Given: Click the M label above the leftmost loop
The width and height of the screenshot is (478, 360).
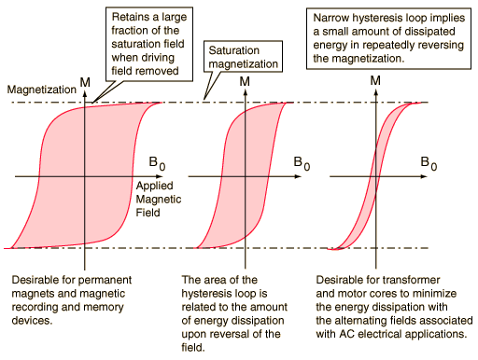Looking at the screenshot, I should click(85, 82).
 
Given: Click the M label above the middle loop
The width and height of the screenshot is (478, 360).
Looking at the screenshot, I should click(245, 82).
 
